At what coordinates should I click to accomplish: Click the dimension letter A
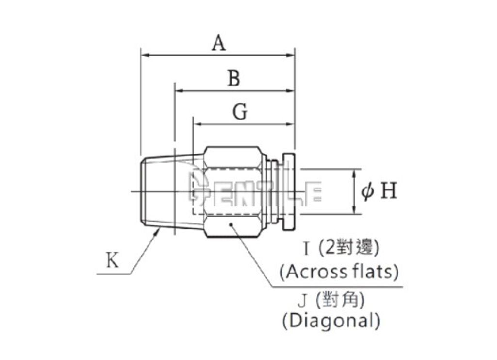point(219,43)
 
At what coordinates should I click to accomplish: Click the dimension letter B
point(234,78)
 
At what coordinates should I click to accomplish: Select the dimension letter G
point(240,112)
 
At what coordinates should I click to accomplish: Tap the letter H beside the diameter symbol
point(388,190)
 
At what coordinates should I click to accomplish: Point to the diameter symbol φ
point(367,191)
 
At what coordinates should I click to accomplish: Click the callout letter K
point(113,260)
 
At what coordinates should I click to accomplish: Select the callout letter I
point(306,249)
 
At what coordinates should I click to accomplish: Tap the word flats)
point(375,272)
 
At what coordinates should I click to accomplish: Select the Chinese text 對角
point(340,299)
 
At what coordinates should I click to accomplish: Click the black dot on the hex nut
point(231,224)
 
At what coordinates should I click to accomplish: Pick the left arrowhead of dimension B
point(180,91)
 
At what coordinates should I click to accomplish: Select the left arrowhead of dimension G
point(198,124)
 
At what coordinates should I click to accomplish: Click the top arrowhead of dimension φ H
point(355,173)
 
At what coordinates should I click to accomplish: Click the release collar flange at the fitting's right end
point(289,191)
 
